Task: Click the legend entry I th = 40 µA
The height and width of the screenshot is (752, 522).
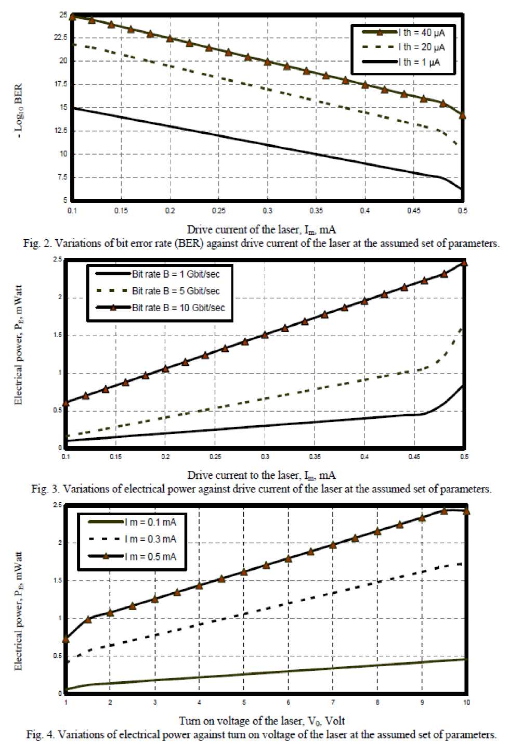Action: coord(422,33)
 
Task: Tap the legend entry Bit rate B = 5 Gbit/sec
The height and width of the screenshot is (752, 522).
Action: coord(176,291)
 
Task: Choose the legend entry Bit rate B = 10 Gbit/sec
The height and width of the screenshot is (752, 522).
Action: coord(178,308)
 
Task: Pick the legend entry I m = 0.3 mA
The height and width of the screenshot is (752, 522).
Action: coord(150,539)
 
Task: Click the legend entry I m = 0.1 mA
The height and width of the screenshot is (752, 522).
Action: coord(150,522)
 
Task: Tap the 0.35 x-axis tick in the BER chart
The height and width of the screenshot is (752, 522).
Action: coord(316,211)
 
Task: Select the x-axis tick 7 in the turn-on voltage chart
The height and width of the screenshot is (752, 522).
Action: coord(333,703)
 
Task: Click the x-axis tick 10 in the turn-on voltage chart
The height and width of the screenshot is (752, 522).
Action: coord(466,703)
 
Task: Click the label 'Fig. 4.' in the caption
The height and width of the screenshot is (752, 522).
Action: coord(41,735)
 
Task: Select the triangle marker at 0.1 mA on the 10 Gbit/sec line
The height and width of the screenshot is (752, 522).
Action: coord(66,403)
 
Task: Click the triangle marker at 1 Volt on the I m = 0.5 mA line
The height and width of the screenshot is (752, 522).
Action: coord(66,639)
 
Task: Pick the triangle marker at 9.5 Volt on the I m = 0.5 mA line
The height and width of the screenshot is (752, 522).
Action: coord(444,511)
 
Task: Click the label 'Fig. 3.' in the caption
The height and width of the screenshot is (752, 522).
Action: coord(45,489)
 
